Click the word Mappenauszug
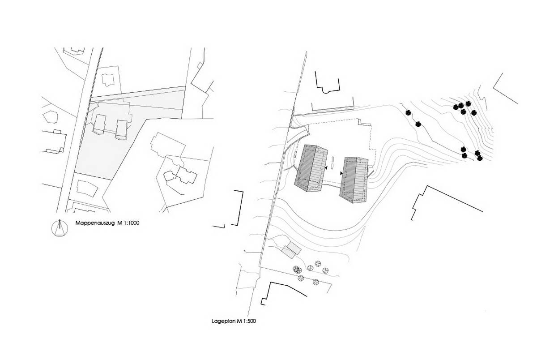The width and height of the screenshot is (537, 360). [x=95, y=223]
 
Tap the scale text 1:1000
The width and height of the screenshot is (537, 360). [x=131, y=223]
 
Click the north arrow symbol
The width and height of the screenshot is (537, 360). [x=60, y=228]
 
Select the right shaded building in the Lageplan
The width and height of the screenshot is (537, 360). [x=354, y=180]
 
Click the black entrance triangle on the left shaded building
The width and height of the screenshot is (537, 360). [x=326, y=168]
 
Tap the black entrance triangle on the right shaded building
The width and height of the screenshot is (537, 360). [x=341, y=173]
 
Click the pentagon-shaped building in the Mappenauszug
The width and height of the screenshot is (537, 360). [x=51, y=117]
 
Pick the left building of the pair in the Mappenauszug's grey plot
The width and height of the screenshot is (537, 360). [x=99, y=124]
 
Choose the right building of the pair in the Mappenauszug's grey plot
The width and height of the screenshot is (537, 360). [x=121, y=129]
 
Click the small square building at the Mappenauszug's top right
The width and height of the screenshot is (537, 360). [x=200, y=65]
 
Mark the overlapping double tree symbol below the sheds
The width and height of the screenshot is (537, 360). [x=297, y=270]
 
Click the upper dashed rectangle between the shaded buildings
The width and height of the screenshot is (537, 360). [x=333, y=159]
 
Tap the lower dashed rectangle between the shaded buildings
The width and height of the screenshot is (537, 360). [x=333, y=166]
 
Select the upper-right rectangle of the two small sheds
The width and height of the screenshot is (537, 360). [x=294, y=248]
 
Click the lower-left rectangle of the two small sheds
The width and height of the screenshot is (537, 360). [x=288, y=252]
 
